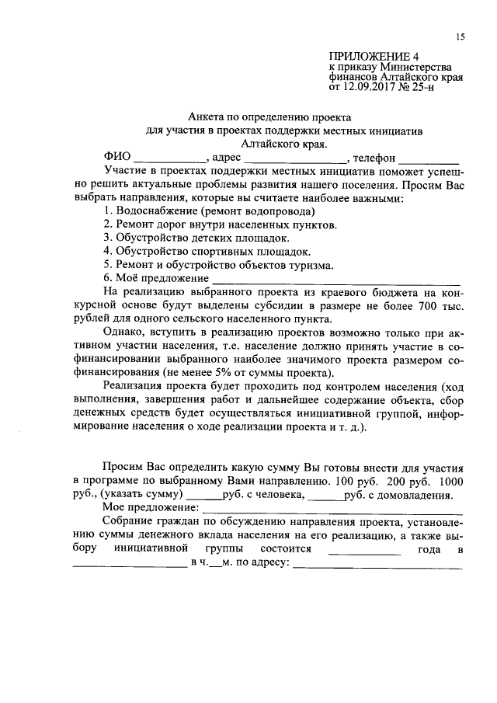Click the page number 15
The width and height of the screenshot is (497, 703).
460,37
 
